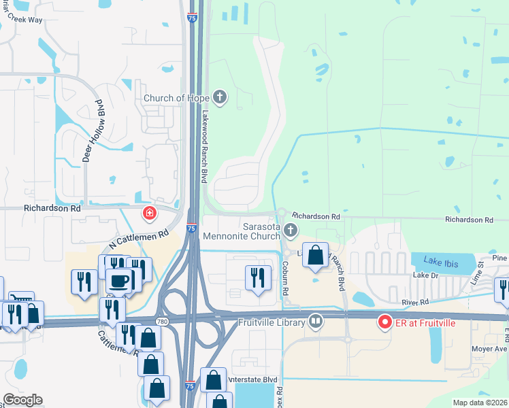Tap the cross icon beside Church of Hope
click(x=219, y=98)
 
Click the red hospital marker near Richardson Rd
click(x=148, y=214)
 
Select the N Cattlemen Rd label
click(x=138, y=240)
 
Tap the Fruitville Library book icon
click(x=316, y=321)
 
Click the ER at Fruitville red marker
click(x=384, y=321)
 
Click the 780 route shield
click(x=161, y=321)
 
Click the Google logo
click(x=22, y=400)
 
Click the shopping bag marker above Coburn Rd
click(x=316, y=256)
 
